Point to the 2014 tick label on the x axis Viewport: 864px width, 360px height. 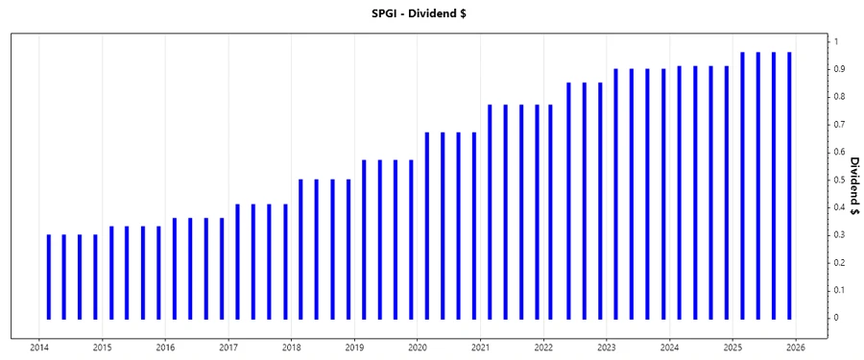[x=39, y=348]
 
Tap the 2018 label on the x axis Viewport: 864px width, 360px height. [x=292, y=348]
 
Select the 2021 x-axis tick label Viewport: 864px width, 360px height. [x=481, y=348]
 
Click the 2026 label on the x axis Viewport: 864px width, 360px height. [x=796, y=348]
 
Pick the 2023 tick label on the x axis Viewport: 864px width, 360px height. [x=607, y=348]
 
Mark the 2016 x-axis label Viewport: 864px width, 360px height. [x=165, y=348]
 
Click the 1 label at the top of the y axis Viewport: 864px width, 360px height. [x=836, y=41]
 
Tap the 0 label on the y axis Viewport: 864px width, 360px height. [x=836, y=318]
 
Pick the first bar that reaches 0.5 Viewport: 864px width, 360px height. [x=300, y=249]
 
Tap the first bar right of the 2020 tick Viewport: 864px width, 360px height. [x=427, y=226]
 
